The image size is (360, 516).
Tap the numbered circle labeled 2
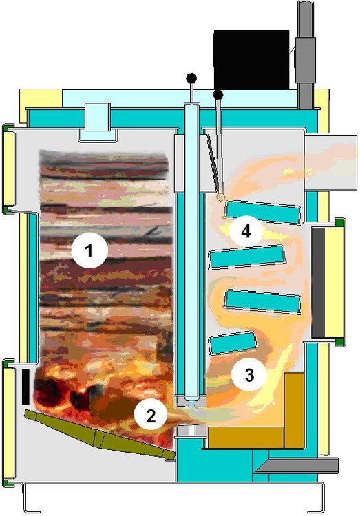coord(151,416)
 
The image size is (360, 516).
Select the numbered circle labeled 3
coord(249,374)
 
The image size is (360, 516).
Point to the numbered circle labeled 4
coord(246,232)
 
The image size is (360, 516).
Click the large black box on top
coord(251,60)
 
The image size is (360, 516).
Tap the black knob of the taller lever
coord(191,78)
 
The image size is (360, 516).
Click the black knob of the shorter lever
coord(218,95)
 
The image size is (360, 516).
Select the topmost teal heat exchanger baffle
coord(263,213)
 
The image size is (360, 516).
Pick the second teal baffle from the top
coord(246,257)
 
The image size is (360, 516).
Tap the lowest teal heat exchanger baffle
coord(233,343)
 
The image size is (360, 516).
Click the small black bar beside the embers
coord(25,387)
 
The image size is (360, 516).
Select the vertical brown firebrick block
coord(294,410)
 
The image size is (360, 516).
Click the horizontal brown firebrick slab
coord(246,438)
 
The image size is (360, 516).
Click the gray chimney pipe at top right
coord(306,54)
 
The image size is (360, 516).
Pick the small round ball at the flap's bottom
coord(220,197)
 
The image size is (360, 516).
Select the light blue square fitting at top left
coord(98,122)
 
